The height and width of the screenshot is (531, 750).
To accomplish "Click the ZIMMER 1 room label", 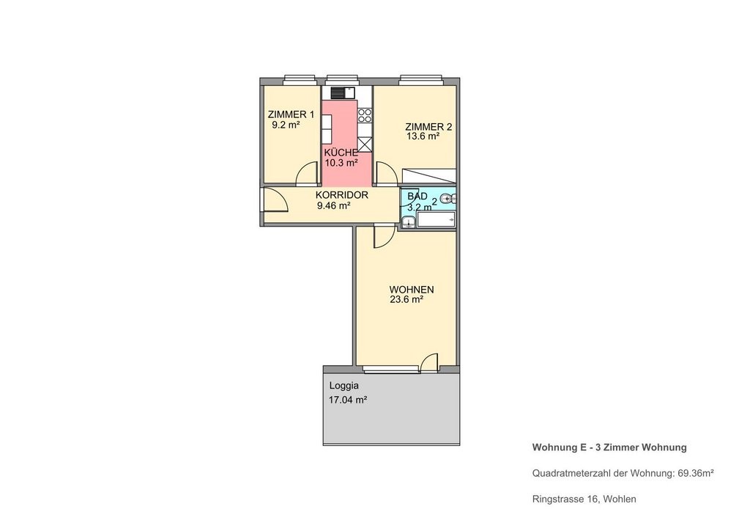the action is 291,115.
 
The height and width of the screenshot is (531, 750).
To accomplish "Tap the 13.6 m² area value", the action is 423,136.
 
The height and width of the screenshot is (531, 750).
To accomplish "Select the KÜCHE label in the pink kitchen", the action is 341,153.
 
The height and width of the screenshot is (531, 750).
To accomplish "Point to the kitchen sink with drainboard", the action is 343,92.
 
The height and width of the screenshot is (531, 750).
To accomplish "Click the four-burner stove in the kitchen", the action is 365,115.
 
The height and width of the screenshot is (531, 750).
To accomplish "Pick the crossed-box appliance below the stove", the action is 365,144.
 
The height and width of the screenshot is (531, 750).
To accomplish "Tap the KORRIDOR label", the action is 341,195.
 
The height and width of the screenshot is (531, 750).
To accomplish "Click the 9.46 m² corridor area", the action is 333,206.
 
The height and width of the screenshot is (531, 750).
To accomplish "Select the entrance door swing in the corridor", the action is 275,199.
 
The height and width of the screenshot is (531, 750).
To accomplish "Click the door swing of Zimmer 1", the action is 307,174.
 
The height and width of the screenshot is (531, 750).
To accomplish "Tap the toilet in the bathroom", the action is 448,198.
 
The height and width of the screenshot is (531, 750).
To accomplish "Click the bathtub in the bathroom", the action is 437,219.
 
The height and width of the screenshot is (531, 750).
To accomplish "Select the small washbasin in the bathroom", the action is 408,221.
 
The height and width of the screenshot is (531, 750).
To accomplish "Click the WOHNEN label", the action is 412,290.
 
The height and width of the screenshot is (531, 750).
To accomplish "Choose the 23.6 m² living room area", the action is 406,300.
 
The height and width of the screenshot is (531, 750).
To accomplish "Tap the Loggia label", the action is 344,386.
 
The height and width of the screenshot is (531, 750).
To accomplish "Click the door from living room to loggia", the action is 429,362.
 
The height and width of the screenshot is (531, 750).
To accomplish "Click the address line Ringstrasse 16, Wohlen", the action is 584,499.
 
